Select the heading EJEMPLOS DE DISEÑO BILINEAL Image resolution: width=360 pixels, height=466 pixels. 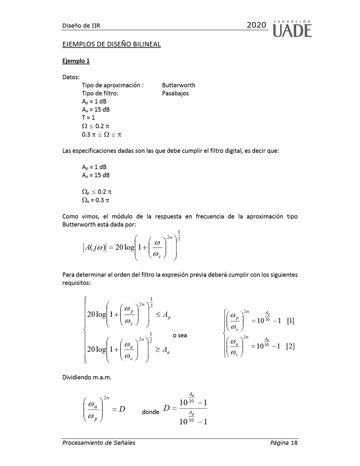click(111, 44)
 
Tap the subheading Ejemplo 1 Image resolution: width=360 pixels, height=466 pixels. click(76, 61)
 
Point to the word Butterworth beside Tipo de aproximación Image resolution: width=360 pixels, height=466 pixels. click(178, 85)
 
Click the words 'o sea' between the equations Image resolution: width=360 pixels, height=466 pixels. click(180, 335)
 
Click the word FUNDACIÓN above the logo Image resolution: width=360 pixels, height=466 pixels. click(293, 21)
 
